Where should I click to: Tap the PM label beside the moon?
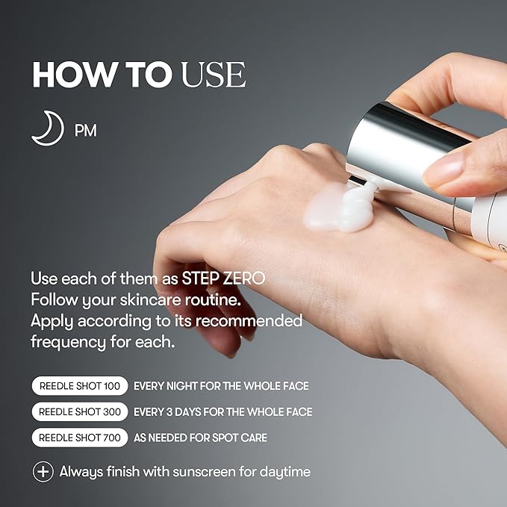pyautogui.click(x=86, y=131)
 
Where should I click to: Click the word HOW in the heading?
pyautogui.click(x=75, y=75)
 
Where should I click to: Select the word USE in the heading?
pyautogui.click(x=214, y=75)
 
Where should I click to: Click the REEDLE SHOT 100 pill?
pyautogui.click(x=80, y=386)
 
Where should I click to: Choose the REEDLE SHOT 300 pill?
pyautogui.click(x=80, y=411)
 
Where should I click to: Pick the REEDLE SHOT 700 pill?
pyautogui.click(x=80, y=438)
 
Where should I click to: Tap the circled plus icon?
pyautogui.click(x=43, y=472)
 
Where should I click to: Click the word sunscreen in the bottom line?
pyautogui.click(x=204, y=471)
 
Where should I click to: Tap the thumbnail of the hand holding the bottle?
pyautogui.click(x=443, y=170)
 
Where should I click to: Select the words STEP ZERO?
pyautogui.click(x=223, y=279)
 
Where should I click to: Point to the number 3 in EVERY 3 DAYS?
pyautogui.click(x=169, y=411)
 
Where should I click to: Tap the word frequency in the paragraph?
pyautogui.click(x=68, y=343)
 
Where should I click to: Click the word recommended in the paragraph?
pyautogui.click(x=249, y=321)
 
